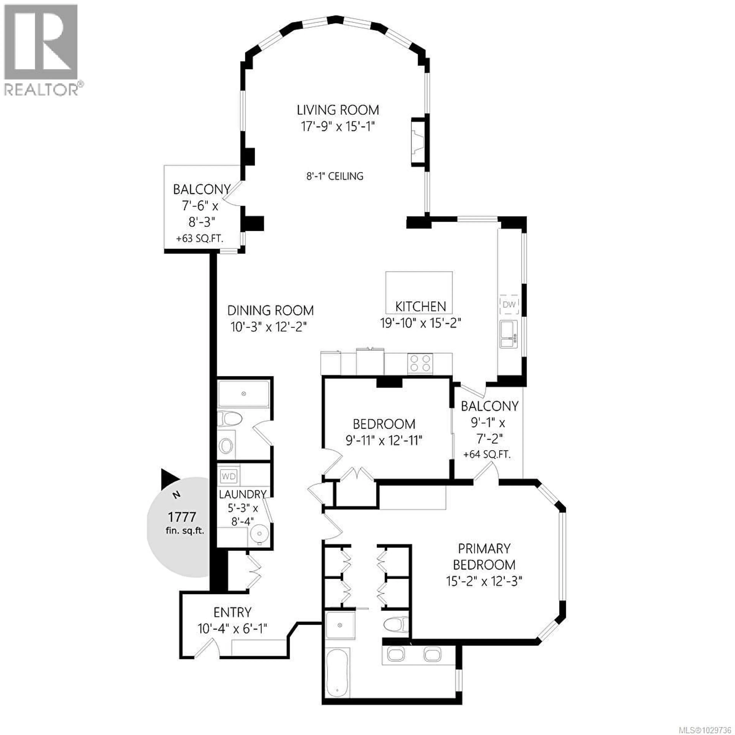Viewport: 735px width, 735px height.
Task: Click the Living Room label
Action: coord(338,110)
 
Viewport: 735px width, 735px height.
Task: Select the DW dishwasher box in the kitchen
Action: coord(509,304)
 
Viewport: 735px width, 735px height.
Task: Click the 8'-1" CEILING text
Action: coord(335,176)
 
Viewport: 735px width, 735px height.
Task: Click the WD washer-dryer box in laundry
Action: coord(228,476)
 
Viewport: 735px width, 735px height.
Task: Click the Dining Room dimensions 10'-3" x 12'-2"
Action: coord(269,326)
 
